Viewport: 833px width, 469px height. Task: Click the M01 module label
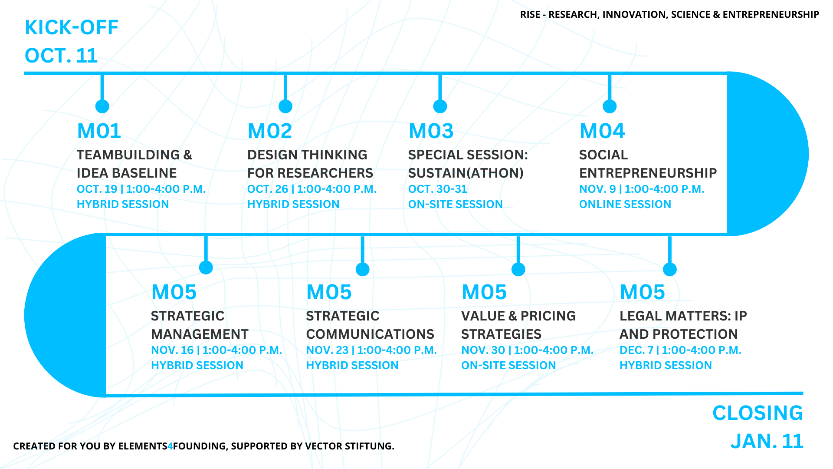click(x=99, y=131)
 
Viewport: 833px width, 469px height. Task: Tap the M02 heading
click(x=270, y=131)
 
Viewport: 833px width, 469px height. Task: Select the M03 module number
click(x=431, y=131)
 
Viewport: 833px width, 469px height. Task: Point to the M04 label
click(x=602, y=131)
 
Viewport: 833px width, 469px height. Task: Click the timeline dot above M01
click(x=102, y=106)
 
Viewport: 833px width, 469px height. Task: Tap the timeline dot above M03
click(x=440, y=106)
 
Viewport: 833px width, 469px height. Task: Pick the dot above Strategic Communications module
click(x=362, y=269)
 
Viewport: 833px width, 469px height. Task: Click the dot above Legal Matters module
click(x=670, y=269)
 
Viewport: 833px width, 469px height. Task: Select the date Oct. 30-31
click(x=438, y=189)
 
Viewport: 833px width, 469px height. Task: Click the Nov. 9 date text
click(x=598, y=189)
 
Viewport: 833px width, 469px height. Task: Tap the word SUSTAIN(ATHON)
click(x=466, y=173)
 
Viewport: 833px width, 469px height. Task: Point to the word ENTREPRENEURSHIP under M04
click(x=648, y=173)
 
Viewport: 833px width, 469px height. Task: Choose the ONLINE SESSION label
click(x=625, y=205)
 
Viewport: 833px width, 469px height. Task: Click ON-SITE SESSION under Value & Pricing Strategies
click(x=508, y=366)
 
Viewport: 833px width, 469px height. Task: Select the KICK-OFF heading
click(x=72, y=28)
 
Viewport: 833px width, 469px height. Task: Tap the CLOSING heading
click(x=758, y=413)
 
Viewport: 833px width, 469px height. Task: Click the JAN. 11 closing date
click(x=767, y=441)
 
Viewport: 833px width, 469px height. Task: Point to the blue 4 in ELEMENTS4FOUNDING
click(x=170, y=446)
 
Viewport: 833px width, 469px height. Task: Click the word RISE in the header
click(x=530, y=15)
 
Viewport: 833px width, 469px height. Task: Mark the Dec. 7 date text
click(x=636, y=350)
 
